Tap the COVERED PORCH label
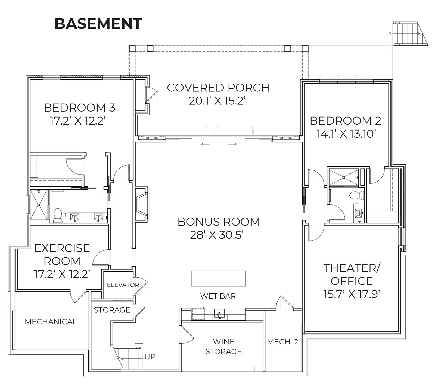click(x=218, y=88)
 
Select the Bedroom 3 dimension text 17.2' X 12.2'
click(x=78, y=121)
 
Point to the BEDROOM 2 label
click(x=346, y=121)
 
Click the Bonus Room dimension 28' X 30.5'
click(x=217, y=235)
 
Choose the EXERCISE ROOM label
click(x=62, y=255)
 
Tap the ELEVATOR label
click(x=123, y=285)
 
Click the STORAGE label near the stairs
click(x=112, y=310)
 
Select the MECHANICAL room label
click(x=51, y=322)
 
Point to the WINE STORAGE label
click(x=223, y=346)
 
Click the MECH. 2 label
click(x=283, y=342)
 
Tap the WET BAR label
click(x=218, y=296)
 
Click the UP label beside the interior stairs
click(x=150, y=357)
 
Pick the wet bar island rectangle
click(x=218, y=278)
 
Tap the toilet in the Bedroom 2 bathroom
click(x=357, y=195)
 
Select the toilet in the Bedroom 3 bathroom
click(x=58, y=216)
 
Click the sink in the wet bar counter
click(x=219, y=314)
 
